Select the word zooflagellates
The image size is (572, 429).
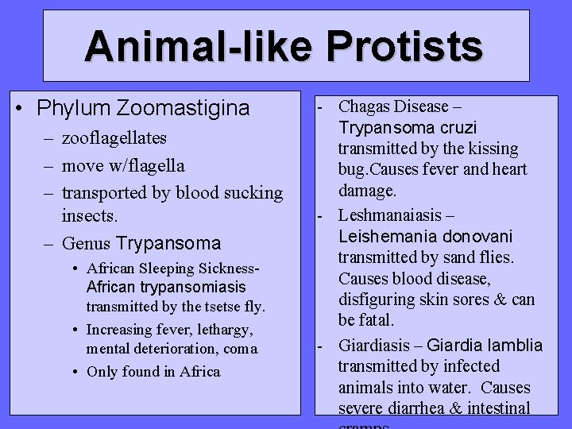tap(114, 138)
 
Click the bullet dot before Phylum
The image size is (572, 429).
tap(27, 107)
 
